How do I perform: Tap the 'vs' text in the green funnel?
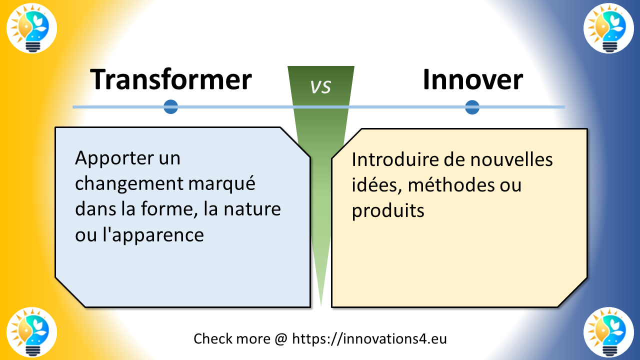[320, 86]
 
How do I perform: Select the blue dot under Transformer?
[171, 107]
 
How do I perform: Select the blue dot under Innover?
[472, 107]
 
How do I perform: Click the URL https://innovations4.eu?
[369, 338]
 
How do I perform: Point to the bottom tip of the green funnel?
[320, 304]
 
